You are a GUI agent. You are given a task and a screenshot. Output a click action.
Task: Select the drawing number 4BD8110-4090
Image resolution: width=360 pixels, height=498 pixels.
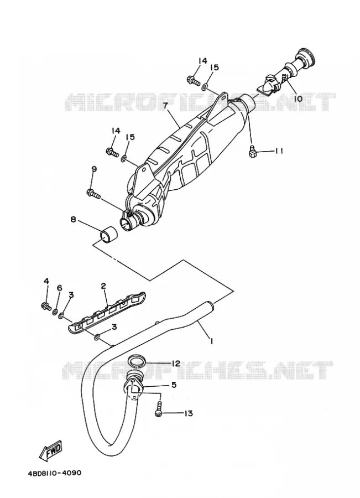(x=54, y=473)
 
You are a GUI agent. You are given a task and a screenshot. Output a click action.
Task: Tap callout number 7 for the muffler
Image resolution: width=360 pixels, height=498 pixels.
(x=165, y=106)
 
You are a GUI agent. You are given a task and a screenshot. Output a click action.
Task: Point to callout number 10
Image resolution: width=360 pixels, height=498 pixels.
(x=298, y=99)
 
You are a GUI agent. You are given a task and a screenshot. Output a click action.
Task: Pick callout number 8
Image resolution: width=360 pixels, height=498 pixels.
(x=74, y=219)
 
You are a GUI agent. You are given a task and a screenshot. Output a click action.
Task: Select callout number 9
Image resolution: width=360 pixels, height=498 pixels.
(x=94, y=169)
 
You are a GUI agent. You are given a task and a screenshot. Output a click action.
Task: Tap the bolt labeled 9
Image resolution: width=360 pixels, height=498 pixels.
(x=93, y=193)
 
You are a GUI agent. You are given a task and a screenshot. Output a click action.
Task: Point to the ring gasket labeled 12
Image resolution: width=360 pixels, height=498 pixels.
(x=137, y=361)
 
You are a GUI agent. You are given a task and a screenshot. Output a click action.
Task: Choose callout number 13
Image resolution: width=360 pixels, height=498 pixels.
(x=188, y=413)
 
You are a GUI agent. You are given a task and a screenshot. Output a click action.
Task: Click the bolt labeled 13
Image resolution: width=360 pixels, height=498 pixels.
(x=159, y=408)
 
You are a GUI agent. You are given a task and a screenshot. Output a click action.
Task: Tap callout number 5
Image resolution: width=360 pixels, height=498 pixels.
(x=174, y=385)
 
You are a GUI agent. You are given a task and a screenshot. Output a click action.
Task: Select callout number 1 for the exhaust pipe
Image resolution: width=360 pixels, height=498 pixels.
(x=211, y=341)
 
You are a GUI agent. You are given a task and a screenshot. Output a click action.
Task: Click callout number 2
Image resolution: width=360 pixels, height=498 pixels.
(x=103, y=286)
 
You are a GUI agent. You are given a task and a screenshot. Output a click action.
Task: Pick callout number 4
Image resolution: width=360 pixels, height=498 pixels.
(x=46, y=281)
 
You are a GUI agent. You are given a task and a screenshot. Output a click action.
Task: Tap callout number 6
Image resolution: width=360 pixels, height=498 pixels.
(x=59, y=288)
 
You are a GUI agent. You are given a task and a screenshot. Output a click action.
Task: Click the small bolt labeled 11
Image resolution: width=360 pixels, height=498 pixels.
(x=252, y=150)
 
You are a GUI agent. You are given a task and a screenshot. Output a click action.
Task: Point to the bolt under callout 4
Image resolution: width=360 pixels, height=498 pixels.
(x=46, y=306)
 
